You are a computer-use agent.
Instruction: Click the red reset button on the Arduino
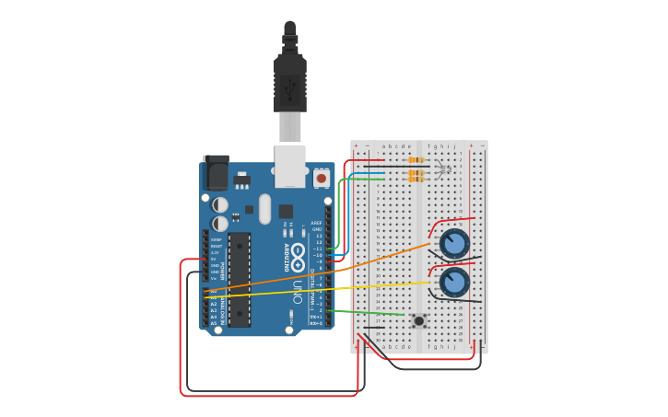tap(321, 178)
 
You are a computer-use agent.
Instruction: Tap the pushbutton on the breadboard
tap(419, 320)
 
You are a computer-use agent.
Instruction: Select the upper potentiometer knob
tap(453, 244)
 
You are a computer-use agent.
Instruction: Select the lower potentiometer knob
tap(453, 282)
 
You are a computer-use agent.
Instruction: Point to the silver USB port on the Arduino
tap(290, 165)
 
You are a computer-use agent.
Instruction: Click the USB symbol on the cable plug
tap(290, 88)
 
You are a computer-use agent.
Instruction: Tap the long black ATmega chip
tap(240, 279)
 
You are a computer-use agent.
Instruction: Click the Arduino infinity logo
tap(299, 250)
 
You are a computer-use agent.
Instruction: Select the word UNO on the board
tap(298, 292)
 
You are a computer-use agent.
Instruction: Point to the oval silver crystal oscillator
tap(265, 209)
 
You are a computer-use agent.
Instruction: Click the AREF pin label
tap(316, 223)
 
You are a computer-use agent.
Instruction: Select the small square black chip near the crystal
tap(286, 211)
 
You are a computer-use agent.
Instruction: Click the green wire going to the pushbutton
tap(369, 313)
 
